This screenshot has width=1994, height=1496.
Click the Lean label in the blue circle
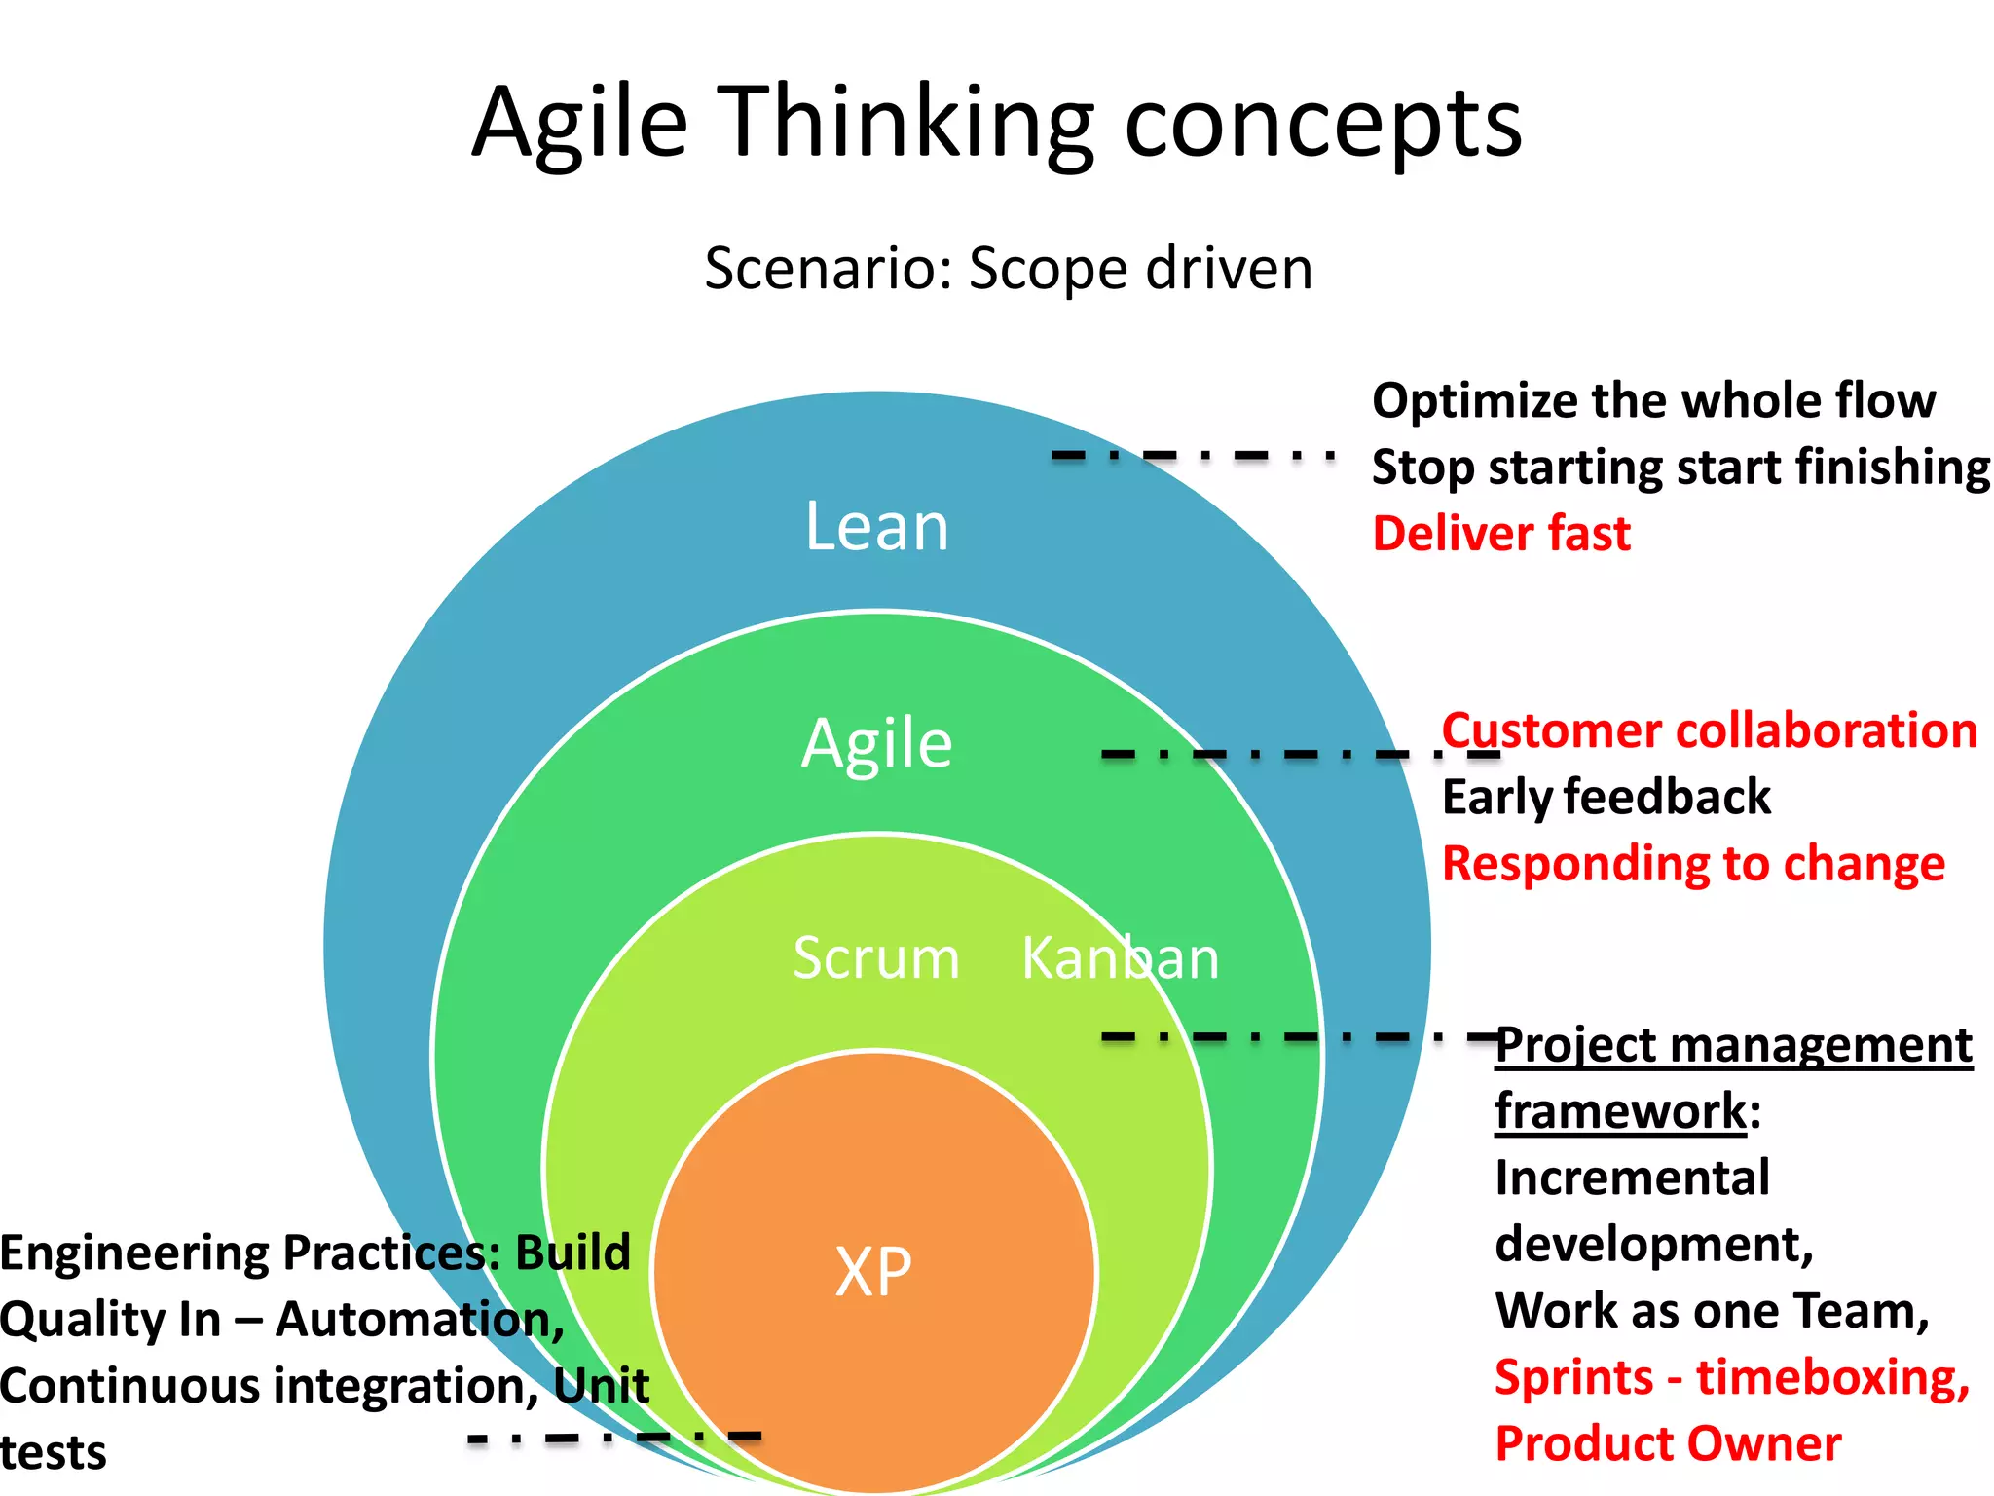pyautogui.click(x=876, y=527)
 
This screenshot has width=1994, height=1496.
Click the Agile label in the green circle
pyautogui.click(x=876, y=744)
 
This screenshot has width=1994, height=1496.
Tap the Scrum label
pyautogui.click(x=875, y=958)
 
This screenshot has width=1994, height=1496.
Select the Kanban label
pyautogui.click(x=1120, y=958)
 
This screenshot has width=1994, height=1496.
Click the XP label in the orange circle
pyautogui.click(x=873, y=1272)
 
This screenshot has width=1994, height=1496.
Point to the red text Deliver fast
pyautogui.click(x=1500, y=534)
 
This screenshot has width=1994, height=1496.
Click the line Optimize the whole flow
pyautogui.click(x=1653, y=401)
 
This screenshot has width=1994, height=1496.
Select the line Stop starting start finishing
pyautogui.click(x=1680, y=467)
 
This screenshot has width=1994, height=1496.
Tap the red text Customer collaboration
pyautogui.click(x=1710, y=730)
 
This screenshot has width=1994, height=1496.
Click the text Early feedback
pyautogui.click(x=1606, y=798)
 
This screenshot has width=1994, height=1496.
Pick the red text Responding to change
pyautogui.click(x=1693, y=864)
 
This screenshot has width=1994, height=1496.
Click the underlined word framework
pyautogui.click(x=1621, y=1111)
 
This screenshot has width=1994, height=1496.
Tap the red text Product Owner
pyautogui.click(x=1668, y=1444)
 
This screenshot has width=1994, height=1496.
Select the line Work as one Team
pyautogui.click(x=1712, y=1311)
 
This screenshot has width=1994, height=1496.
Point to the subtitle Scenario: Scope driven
pyautogui.click(x=1008, y=269)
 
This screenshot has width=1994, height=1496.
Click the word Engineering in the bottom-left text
pyautogui.click(x=134, y=1253)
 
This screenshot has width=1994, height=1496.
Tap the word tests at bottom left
pyautogui.click(x=53, y=1453)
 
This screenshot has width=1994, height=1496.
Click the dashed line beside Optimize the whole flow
pyautogui.click(x=1192, y=455)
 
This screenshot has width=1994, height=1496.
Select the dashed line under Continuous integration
pyautogui.click(x=613, y=1437)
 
